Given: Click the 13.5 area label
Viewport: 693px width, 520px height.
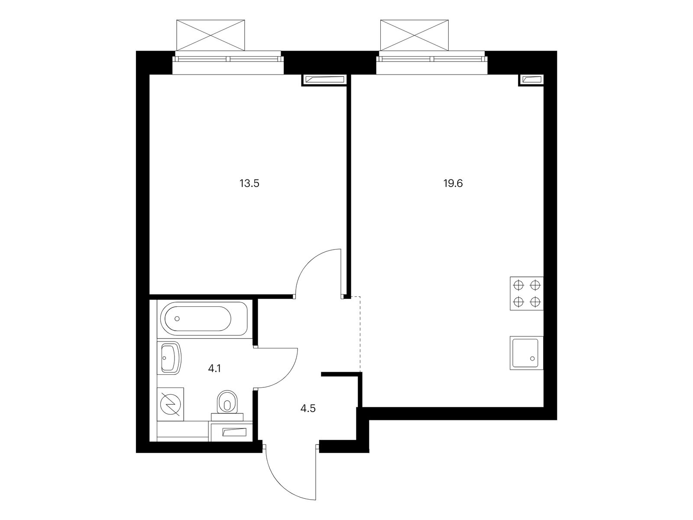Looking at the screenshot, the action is [x=249, y=183].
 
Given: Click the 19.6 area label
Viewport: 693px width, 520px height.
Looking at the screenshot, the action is [x=453, y=183].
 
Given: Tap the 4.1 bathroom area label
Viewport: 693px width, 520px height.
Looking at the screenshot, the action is [x=214, y=368].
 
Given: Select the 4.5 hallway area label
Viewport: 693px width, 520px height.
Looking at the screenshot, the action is [x=308, y=409].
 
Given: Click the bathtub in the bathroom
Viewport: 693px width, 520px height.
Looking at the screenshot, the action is [x=204, y=319].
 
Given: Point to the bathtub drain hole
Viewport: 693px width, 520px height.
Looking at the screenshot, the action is [x=177, y=319].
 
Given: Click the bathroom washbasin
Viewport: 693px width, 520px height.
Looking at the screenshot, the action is [x=169, y=358].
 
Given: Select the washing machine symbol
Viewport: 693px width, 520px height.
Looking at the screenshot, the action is [x=171, y=404].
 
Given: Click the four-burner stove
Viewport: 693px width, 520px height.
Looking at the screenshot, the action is [x=527, y=293].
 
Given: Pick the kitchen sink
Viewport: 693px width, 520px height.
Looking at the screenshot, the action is [x=527, y=353].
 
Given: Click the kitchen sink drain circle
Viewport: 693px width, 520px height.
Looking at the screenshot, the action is [x=533, y=359].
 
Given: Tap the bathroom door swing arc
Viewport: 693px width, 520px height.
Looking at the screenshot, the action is [x=289, y=376].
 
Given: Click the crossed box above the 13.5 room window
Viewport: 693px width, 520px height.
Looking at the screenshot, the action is [x=210, y=35].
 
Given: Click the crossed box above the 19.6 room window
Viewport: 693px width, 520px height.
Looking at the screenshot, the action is [x=415, y=35].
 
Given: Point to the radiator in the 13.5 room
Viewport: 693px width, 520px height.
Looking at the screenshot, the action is [x=324, y=80].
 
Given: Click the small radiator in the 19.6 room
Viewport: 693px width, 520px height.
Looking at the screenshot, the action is [x=532, y=80].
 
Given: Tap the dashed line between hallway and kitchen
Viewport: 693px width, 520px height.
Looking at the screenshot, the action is [x=360, y=334].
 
